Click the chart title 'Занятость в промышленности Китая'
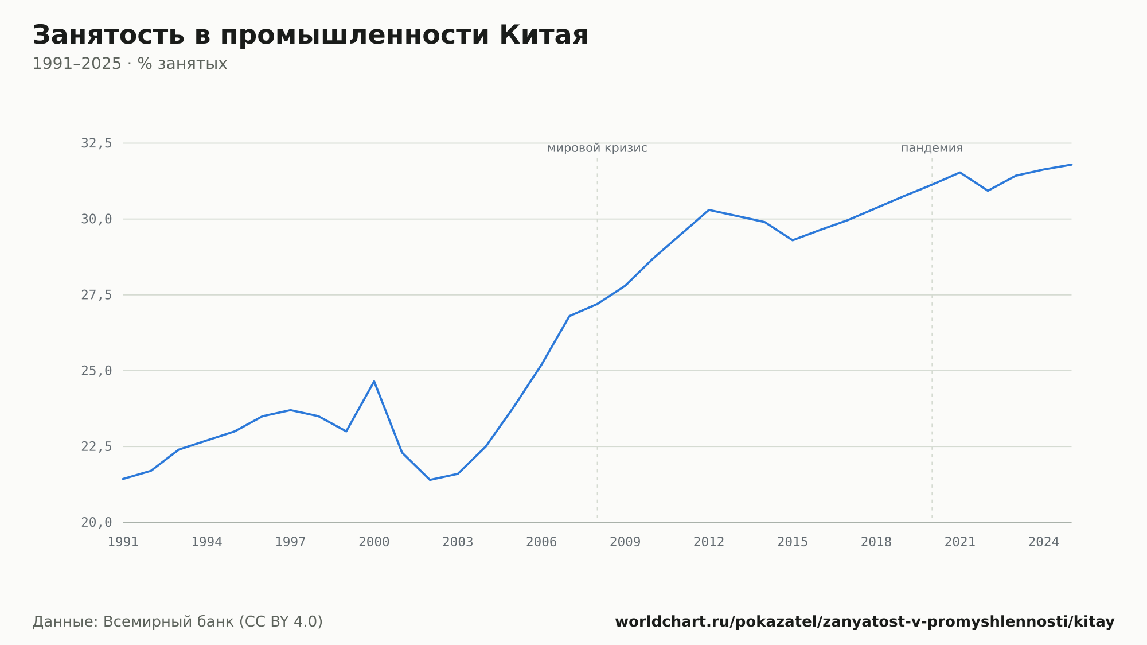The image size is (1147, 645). (310, 35)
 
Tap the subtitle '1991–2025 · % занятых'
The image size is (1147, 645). (130, 64)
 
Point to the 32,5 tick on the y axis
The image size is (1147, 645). (96, 143)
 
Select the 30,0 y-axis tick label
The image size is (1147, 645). (96, 219)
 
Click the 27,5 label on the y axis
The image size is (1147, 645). (96, 295)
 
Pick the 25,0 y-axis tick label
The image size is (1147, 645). (96, 371)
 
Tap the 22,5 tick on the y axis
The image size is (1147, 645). (96, 446)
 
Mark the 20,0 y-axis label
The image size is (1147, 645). (96, 522)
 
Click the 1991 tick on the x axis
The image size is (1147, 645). (123, 542)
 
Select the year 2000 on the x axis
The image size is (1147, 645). (374, 542)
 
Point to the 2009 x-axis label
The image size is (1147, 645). (625, 542)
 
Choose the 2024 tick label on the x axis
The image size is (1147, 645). (1044, 542)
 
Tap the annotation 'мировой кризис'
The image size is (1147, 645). (597, 148)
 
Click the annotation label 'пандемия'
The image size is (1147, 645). (932, 148)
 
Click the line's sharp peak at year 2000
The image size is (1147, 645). (374, 381)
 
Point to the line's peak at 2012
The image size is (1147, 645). (709, 210)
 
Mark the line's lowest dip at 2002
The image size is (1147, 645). (430, 480)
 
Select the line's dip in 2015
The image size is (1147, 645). (793, 240)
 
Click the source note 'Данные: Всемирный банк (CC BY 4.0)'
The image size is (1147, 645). (178, 622)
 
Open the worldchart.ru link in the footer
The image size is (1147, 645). (865, 622)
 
